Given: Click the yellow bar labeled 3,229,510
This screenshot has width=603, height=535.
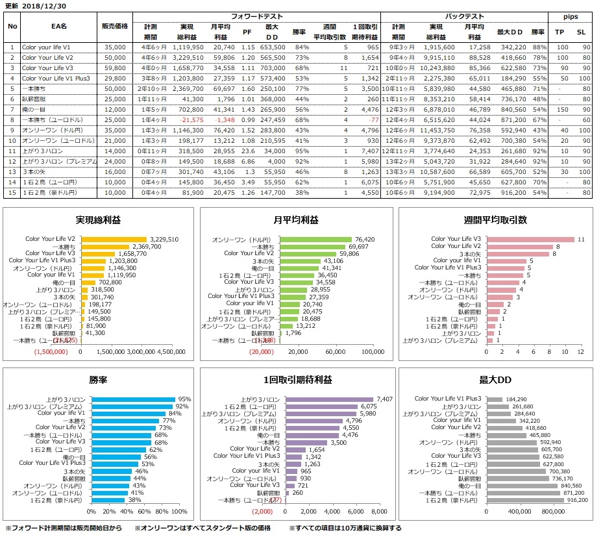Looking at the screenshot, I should (114, 239).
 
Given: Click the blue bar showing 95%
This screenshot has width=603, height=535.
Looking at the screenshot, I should (134, 399).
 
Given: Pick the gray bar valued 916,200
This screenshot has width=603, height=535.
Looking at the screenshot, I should (526, 500).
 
